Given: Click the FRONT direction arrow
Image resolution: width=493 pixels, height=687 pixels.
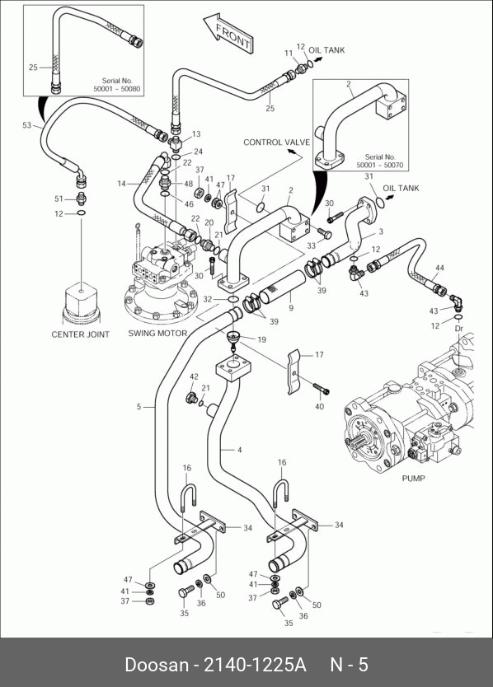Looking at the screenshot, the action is click(228, 33).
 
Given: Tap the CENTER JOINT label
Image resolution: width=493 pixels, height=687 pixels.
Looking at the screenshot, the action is click(80, 334).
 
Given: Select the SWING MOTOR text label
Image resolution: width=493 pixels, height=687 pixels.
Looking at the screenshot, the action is click(157, 333).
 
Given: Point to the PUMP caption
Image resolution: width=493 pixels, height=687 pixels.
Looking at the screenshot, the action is click(413, 478).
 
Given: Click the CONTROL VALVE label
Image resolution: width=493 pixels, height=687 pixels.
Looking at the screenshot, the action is click(276, 142).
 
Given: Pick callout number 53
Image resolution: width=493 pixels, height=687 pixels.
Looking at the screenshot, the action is click(27, 125).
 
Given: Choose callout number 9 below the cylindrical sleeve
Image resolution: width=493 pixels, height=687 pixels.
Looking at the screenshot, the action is click(291, 308).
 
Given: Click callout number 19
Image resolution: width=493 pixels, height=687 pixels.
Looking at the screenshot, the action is click(261, 339).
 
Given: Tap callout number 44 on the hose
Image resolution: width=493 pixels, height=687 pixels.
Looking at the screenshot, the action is click(439, 267).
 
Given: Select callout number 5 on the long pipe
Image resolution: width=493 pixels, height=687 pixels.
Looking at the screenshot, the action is click(139, 407).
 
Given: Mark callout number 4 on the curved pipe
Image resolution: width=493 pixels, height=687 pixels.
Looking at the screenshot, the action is click(239, 450).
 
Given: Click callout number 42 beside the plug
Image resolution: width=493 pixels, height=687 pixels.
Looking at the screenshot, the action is click(194, 376).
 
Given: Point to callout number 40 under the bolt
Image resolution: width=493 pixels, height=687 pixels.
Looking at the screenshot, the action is click(319, 406).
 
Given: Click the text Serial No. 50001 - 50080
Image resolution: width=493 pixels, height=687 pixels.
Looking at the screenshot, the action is click(117, 85).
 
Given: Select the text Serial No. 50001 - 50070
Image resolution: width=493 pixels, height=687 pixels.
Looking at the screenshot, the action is click(380, 161).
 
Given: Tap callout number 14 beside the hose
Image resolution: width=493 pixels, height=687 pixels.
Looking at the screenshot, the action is click(121, 184).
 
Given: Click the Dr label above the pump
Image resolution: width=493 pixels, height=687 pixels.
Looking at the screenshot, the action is click(459, 328).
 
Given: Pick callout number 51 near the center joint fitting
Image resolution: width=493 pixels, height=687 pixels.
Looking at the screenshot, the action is click(59, 199).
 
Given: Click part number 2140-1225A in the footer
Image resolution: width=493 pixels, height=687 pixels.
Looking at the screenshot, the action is click(255, 665).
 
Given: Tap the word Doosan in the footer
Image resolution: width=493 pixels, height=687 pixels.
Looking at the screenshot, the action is click(157, 665).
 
